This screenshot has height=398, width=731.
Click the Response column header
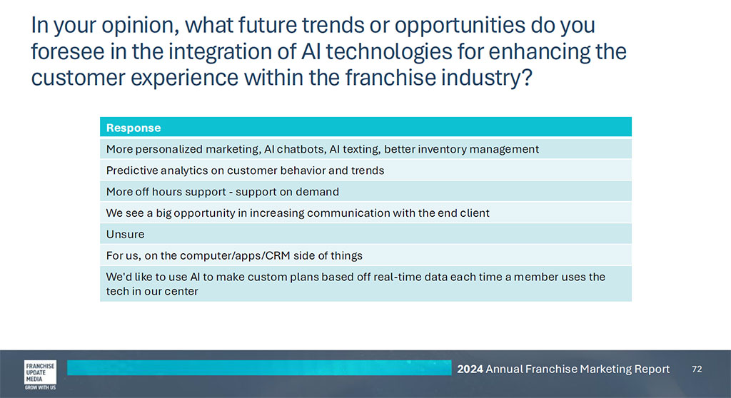(133, 128)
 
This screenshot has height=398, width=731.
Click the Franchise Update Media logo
(40, 374)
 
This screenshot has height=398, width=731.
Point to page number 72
(697, 369)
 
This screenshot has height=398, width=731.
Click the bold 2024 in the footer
(470, 369)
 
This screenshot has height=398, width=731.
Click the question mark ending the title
(526, 77)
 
